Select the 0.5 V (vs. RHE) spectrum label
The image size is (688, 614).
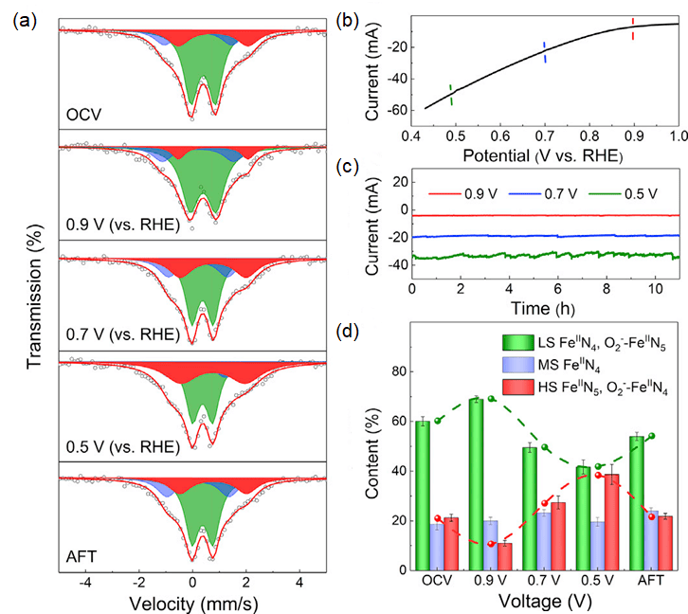click(x=121, y=447)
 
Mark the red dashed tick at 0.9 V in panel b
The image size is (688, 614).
click(x=633, y=30)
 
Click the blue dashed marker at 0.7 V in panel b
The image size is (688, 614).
click(x=544, y=53)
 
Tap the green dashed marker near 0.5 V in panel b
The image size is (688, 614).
click(x=451, y=95)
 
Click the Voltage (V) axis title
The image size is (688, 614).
click(x=543, y=600)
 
